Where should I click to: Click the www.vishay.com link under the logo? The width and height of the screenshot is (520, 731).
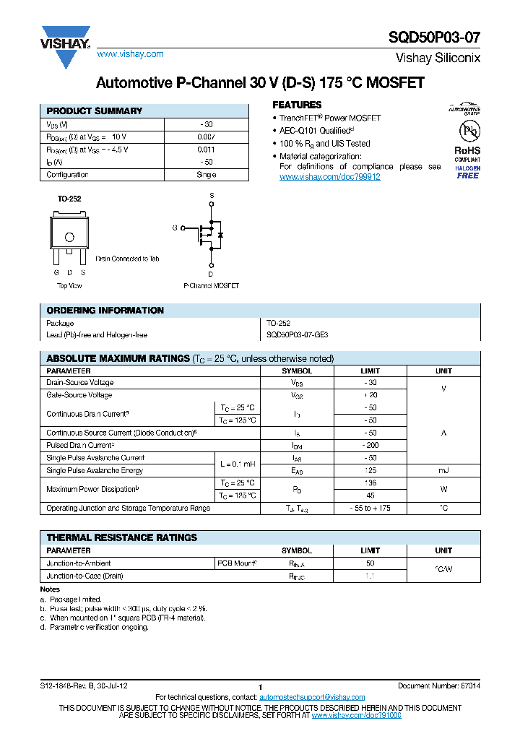[x=130, y=54]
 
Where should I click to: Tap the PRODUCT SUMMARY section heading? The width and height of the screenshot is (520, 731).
[x=95, y=111]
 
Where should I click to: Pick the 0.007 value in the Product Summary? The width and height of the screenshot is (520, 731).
[x=206, y=137]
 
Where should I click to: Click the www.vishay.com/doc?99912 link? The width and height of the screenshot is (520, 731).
[x=329, y=177]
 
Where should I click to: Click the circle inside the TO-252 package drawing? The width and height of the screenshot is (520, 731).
[x=69, y=237]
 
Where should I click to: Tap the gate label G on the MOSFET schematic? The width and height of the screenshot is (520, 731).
[x=174, y=228]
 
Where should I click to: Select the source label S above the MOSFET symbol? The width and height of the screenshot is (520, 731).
[x=212, y=196]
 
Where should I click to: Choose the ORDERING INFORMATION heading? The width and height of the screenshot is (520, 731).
[x=105, y=311]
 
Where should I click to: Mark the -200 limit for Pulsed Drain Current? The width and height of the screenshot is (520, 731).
[x=370, y=446]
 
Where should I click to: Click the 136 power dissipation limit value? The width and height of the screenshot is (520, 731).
[x=370, y=483]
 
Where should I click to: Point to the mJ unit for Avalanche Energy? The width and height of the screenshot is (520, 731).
[x=443, y=471]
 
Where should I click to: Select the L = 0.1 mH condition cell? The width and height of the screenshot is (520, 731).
[x=238, y=464]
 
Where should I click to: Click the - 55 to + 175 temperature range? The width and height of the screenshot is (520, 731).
[x=370, y=509]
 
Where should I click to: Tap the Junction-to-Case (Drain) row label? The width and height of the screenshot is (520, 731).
[x=84, y=576]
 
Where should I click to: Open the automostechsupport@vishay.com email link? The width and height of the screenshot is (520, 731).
[x=307, y=697]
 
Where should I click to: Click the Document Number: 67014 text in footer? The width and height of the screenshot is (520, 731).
[x=439, y=685]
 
